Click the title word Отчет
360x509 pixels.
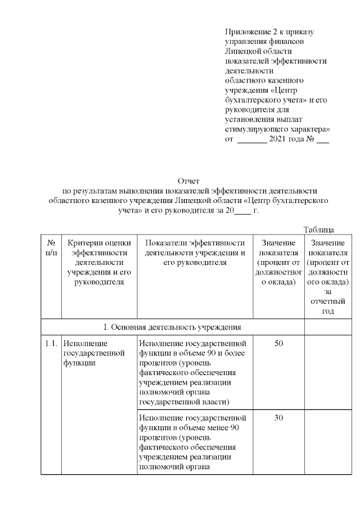(188, 181)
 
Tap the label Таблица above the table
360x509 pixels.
(319, 229)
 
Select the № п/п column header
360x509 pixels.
(51, 247)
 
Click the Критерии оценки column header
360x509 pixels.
(99, 262)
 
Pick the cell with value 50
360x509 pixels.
(278, 343)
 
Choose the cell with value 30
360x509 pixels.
(278, 418)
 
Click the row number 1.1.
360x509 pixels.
(51, 343)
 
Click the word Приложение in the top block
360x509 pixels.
(247, 31)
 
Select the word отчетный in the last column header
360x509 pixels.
(327, 301)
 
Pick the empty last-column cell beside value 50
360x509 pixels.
(327, 371)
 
